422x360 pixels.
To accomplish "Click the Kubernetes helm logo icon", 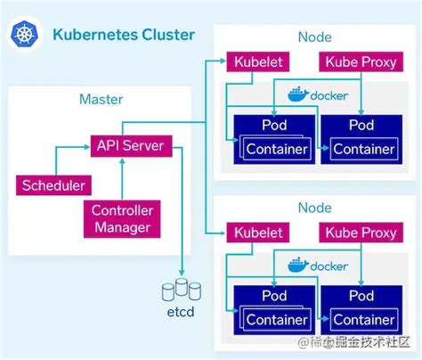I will click(x=24, y=35).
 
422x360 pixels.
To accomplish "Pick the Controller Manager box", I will click(x=121, y=218).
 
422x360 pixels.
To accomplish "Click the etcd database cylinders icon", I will click(x=182, y=290).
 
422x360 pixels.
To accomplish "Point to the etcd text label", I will click(x=181, y=313).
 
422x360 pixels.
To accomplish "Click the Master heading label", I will click(x=101, y=100).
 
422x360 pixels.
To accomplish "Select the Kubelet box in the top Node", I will click(x=258, y=61).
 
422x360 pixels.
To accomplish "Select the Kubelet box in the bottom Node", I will click(x=258, y=233).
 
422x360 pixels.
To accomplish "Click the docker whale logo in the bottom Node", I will click(x=296, y=265).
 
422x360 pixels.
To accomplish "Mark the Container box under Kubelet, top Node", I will click(x=274, y=148).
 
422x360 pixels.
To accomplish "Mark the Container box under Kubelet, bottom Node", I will click(x=274, y=319).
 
